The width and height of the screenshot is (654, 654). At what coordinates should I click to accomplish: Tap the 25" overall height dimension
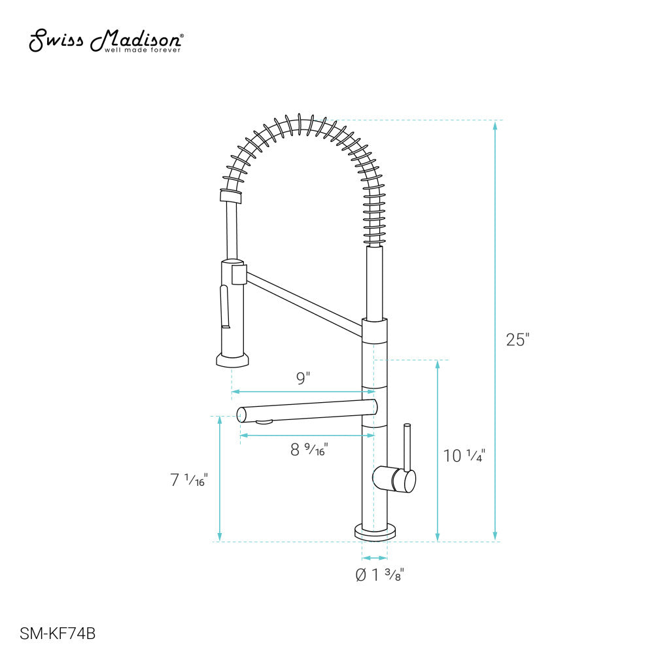pos(517,340)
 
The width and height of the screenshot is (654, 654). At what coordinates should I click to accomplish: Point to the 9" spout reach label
pos(303,379)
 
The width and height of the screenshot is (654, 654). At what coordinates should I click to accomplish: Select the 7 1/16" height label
pos(188,480)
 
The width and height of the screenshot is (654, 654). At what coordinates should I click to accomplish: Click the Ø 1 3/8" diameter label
pos(379,575)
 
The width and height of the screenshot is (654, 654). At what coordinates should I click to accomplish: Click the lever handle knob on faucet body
pos(394,479)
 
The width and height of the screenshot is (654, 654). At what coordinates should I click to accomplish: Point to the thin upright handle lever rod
pos(408,448)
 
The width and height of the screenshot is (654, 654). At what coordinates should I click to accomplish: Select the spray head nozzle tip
pos(232,360)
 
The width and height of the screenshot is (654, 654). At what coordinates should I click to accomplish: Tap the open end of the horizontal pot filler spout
pos(241,413)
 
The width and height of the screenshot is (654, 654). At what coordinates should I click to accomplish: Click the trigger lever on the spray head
pos(225,307)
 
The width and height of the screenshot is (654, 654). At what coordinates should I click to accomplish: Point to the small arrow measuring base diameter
pos(375,558)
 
